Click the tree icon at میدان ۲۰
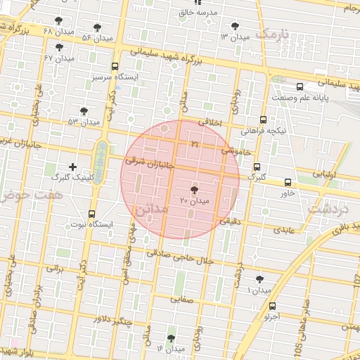point(195,190)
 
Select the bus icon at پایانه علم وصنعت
point(300,87)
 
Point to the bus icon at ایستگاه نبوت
point(91,214)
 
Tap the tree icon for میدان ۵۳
point(84,111)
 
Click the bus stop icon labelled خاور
point(287,182)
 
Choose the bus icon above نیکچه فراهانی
point(263,120)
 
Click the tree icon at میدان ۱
point(260,279)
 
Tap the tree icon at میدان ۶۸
point(57,20)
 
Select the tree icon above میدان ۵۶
point(97,27)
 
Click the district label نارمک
point(273,33)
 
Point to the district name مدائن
point(150,209)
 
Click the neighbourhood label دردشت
point(330,209)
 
